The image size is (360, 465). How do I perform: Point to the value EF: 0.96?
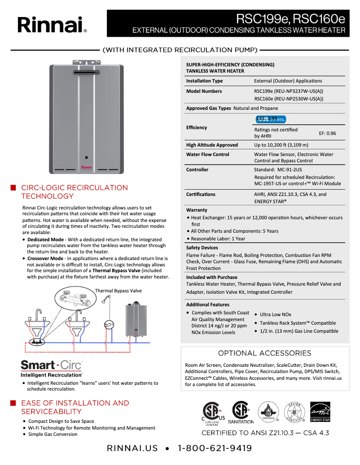[327, 133]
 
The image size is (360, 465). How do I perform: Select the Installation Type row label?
[204, 81]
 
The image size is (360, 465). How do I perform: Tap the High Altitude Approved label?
[212, 145]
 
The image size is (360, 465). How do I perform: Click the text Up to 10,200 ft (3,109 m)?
[281, 145]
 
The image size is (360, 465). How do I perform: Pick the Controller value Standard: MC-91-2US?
[278, 170]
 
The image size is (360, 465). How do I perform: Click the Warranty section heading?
[197, 210]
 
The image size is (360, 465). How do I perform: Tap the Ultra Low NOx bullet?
[275, 315]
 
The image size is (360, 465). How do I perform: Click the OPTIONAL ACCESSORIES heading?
[264, 353]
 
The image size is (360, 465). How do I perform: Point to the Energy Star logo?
[320, 412]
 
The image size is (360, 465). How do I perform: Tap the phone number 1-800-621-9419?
[215, 448]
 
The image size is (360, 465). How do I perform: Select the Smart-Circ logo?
[52, 365]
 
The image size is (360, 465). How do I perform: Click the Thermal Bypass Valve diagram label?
[118, 291]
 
